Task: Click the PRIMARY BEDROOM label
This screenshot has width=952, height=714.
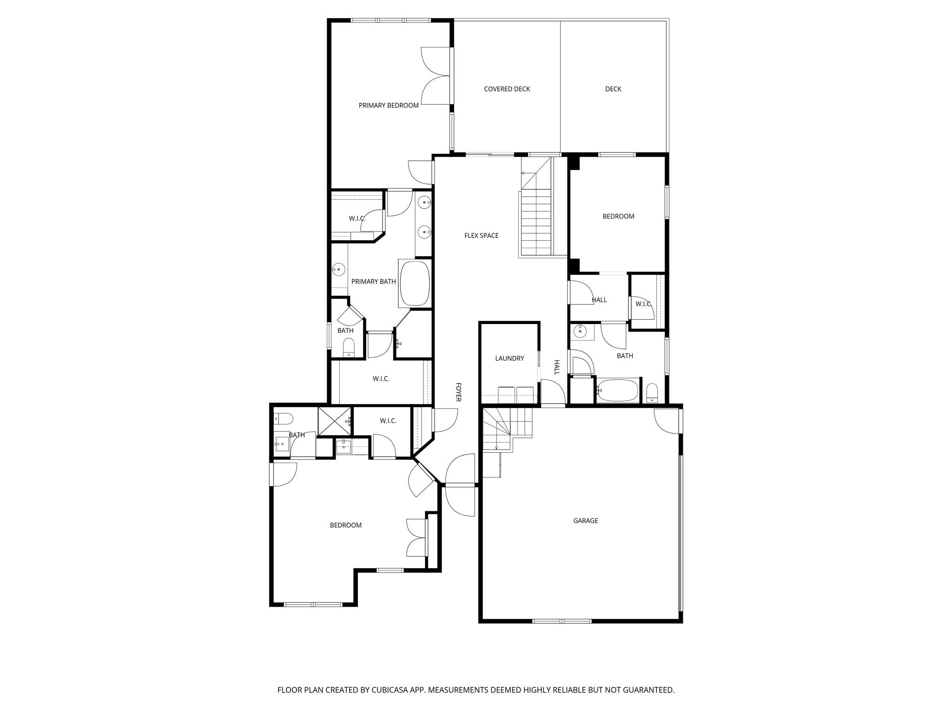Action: pyautogui.click(x=389, y=106)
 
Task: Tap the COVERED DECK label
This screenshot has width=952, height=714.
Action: pyautogui.click(x=507, y=89)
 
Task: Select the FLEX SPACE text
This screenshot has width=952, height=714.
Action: pyautogui.click(x=481, y=236)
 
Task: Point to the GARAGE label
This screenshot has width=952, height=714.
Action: pyautogui.click(x=585, y=521)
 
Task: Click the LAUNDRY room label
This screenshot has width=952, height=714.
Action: pyautogui.click(x=509, y=358)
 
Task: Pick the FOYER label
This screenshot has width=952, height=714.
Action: pyautogui.click(x=458, y=392)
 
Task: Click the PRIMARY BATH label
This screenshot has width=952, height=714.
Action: pyautogui.click(x=373, y=281)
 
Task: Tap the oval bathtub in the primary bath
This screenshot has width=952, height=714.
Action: pyautogui.click(x=415, y=284)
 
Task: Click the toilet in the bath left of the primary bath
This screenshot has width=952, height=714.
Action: pyautogui.click(x=349, y=347)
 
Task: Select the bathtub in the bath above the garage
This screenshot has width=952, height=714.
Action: pyautogui.click(x=618, y=390)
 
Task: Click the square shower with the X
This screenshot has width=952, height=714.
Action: pyautogui.click(x=335, y=421)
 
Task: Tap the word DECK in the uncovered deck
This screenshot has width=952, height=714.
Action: pyautogui.click(x=613, y=89)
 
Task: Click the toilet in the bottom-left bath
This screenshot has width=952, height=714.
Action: pyautogui.click(x=283, y=418)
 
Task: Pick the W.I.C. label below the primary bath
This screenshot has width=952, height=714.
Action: pyautogui.click(x=381, y=379)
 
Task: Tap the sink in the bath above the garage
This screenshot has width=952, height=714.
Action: pyautogui.click(x=580, y=331)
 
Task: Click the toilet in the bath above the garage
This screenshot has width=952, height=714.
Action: pyautogui.click(x=652, y=393)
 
